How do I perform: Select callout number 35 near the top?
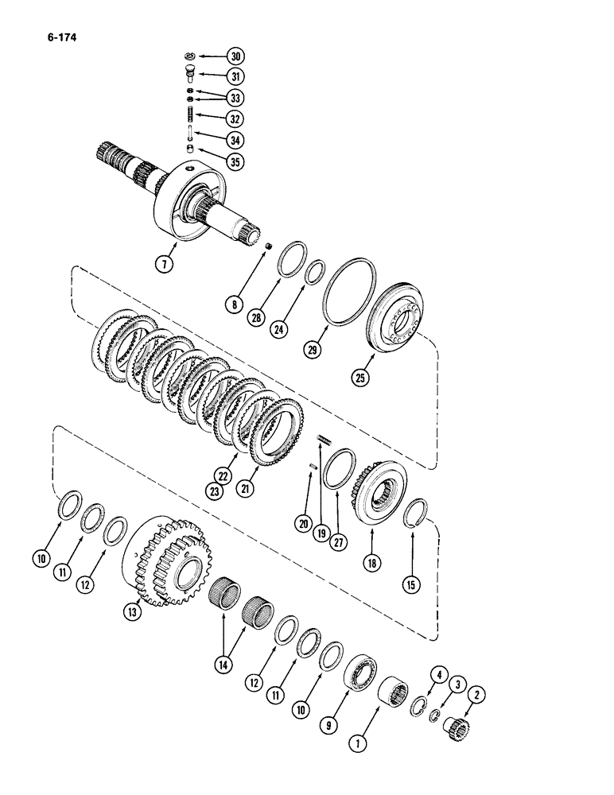pyautogui.click(x=235, y=161)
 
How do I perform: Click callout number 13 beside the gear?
pyautogui.click(x=131, y=612)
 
